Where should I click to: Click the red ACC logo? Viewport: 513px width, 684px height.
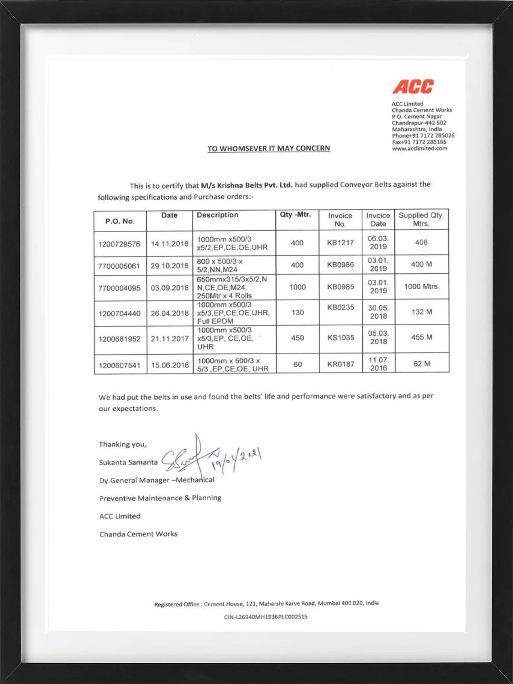pyautogui.click(x=413, y=87)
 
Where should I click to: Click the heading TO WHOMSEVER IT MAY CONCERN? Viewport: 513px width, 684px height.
pyautogui.click(x=268, y=149)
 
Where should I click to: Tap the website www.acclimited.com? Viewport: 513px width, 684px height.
pyautogui.click(x=419, y=148)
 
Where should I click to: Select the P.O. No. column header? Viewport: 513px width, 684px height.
pyautogui.click(x=120, y=221)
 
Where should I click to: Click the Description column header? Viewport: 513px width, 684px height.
pyautogui.click(x=217, y=215)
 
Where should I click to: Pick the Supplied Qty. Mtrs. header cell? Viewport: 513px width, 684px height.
pyautogui.click(x=421, y=219)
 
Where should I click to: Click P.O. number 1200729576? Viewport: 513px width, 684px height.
pyautogui.click(x=119, y=244)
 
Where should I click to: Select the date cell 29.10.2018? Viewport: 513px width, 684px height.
pyautogui.click(x=169, y=266)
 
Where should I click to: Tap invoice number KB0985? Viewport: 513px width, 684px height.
pyautogui.click(x=340, y=287)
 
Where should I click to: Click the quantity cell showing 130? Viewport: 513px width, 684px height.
pyautogui.click(x=297, y=312)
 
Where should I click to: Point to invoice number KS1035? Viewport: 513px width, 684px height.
pyautogui.click(x=340, y=338)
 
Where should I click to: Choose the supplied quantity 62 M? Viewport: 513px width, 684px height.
pyautogui.click(x=421, y=364)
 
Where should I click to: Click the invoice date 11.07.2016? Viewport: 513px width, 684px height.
pyautogui.click(x=378, y=364)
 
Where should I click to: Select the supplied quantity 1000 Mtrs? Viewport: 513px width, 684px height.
pyautogui.click(x=421, y=287)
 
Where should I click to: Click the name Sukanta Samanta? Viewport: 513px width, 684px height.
pyautogui.click(x=128, y=462)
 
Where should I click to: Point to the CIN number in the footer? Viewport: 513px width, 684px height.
pyautogui.click(x=266, y=617)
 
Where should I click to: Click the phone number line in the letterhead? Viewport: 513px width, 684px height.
pyautogui.click(x=423, y=135)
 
